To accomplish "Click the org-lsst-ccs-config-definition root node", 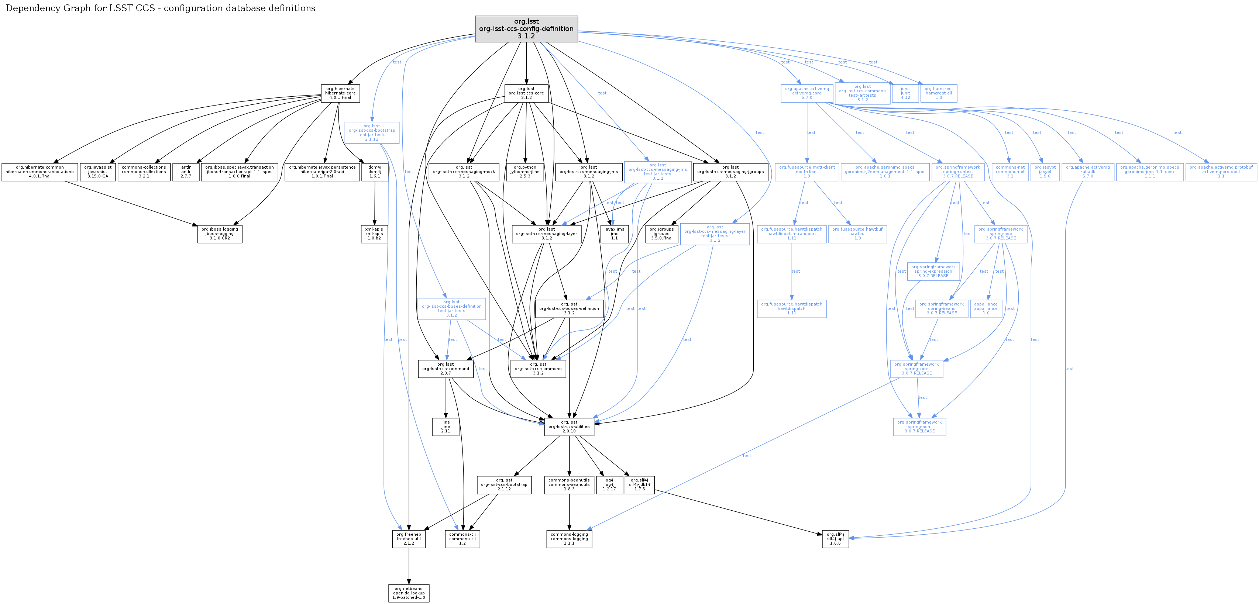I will (526, 29).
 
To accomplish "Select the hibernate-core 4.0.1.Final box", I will (340, 93).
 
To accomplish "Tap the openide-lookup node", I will (409, 593).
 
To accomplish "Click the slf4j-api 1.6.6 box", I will (835, 539).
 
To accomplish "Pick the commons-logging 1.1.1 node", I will (569, 539).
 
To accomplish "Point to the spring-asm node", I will (919, 427).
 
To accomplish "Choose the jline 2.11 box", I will (445, 427).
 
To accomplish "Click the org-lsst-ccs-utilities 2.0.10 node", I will (569, 427).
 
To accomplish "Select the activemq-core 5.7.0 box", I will (806, 93).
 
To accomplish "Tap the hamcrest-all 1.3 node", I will (938, 93).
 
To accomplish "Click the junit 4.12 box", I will (905, 93).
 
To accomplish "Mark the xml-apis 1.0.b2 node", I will (374, 234).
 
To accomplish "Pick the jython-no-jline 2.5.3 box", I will (525, 172).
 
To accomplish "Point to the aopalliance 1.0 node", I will (986, 308).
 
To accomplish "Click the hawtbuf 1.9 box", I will (857, 234).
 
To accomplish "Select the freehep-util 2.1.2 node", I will (409, 539).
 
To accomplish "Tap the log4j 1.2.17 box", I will (609, 484).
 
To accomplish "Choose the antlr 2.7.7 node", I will (186, 172).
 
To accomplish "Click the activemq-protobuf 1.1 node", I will (1221, 172).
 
